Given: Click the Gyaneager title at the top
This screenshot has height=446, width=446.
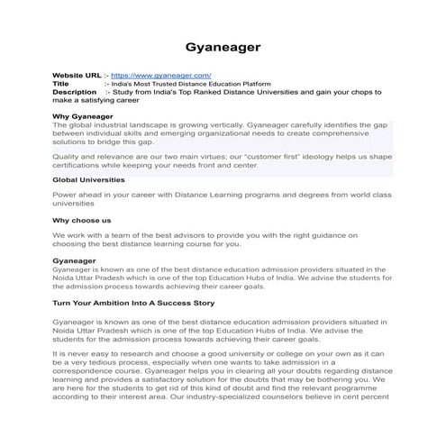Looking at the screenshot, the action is (x=223, y=44).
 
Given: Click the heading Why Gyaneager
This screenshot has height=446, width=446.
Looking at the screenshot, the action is (x=85, y=116).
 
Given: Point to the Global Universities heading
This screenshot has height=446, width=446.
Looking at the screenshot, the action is (x=94, y=179).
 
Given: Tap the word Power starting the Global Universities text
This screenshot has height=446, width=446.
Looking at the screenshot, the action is (x=65, y=194).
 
